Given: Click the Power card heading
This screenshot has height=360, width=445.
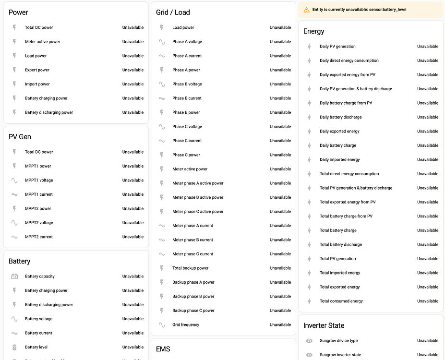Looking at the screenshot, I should [18, 12].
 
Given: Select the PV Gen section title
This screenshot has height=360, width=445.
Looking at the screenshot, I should [20, 137].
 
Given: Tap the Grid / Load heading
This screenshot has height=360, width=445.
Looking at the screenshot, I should [173, 12].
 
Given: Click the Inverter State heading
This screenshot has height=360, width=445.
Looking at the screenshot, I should [324, 325].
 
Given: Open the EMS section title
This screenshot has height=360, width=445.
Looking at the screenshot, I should [163, 349].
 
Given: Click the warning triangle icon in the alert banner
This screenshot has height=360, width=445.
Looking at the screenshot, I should [307, 10].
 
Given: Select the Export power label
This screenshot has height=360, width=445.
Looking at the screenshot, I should [37, 70].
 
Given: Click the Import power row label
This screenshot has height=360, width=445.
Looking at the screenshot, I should [37, 84].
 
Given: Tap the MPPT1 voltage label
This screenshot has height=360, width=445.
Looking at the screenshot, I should [39, 180].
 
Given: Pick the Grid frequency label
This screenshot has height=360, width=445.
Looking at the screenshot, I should [186, 325].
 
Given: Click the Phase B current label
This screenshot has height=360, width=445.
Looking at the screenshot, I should [187, 98].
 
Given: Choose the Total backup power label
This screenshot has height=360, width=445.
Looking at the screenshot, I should [191, 268].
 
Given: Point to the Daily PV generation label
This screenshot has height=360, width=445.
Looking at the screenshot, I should [337, 47].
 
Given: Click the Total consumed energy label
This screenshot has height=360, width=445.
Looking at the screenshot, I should [341, 301].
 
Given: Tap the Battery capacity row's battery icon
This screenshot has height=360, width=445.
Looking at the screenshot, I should [14, 276].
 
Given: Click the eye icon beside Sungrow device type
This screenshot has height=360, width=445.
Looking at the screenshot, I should [309, 341].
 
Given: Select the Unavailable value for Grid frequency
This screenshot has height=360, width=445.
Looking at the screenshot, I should [280, 325].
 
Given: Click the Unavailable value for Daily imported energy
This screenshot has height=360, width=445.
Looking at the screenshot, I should [428, 160].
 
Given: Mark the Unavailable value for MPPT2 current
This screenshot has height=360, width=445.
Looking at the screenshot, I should [133, 237].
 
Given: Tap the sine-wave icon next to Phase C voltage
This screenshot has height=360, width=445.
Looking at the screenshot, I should [162, 127].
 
